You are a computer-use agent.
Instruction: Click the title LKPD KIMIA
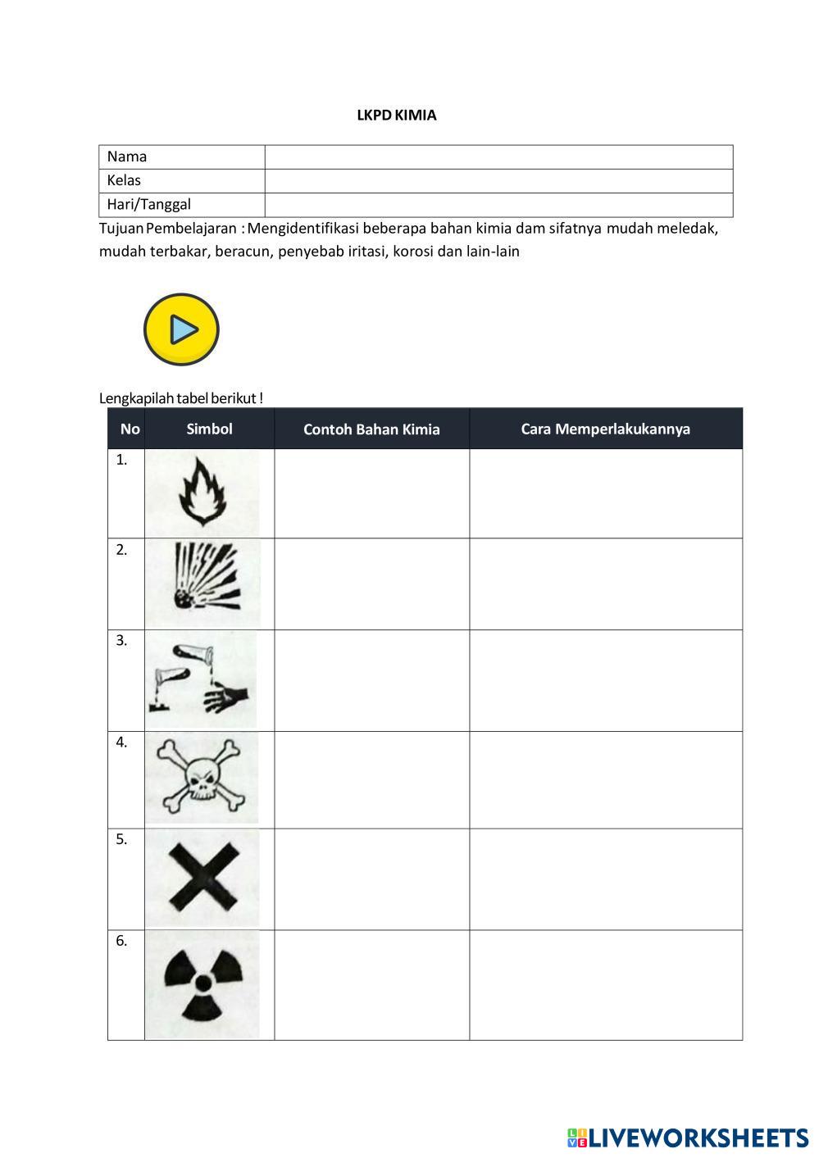click(396, 116)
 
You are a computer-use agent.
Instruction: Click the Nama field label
click(127, 157)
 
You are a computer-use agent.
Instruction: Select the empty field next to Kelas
click(498, 181)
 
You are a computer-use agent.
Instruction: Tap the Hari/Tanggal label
click(148, 204)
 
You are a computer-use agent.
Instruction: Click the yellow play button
click(181, 329)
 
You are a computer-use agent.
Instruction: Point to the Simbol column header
click(209, 429)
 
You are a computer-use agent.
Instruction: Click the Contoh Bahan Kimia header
click(371, 429)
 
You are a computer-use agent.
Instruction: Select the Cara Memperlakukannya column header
click(605, 429)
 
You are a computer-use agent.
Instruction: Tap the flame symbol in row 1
click(202, 492)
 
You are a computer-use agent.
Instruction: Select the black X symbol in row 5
click(202, 878)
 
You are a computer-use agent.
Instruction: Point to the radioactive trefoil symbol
click(202, 983)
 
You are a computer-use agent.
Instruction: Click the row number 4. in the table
click(121, 742)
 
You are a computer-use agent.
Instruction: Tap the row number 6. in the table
click(121, 941)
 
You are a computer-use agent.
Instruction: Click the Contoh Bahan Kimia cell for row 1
click(371, 493)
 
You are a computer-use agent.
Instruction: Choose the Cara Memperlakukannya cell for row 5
click(605, 879)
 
